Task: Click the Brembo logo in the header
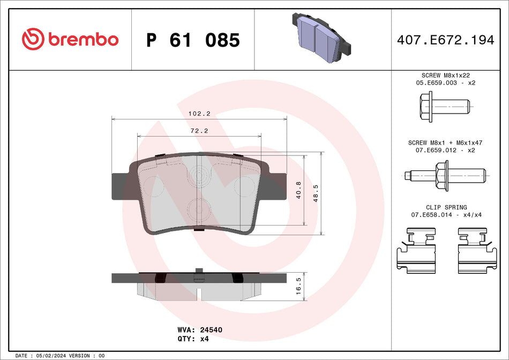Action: (70, 40)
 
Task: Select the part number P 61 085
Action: (193, 40)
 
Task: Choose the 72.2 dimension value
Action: (199, 131)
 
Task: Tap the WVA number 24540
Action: (211, 330)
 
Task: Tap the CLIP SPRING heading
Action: (446, 207)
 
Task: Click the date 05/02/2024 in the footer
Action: (54, 356)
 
